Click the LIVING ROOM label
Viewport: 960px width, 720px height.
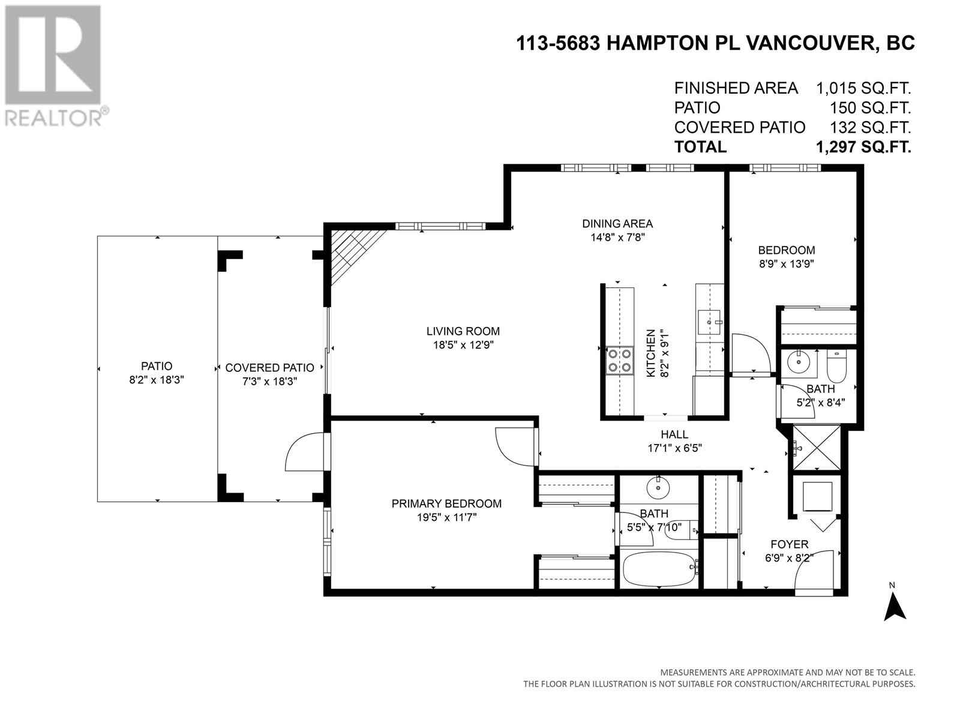click(463, 331)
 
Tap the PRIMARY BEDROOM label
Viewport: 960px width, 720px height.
click(446, 503)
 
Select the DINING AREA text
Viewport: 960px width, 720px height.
click(617, 224)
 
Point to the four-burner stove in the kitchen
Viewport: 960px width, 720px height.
click(619, 361)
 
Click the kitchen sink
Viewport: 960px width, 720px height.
click(709, 322)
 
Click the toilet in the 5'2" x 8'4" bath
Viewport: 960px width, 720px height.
click(836, 367)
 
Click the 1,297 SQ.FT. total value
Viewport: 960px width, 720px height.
click(863, 147)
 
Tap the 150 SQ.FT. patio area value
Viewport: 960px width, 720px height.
click(870, 107)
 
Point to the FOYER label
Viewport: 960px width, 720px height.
click(790, 544)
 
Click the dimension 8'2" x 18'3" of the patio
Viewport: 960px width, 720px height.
click(156, 380)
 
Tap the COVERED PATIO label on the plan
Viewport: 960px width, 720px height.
click(269, 368)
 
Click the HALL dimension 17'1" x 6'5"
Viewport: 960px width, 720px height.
click(674, 448)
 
